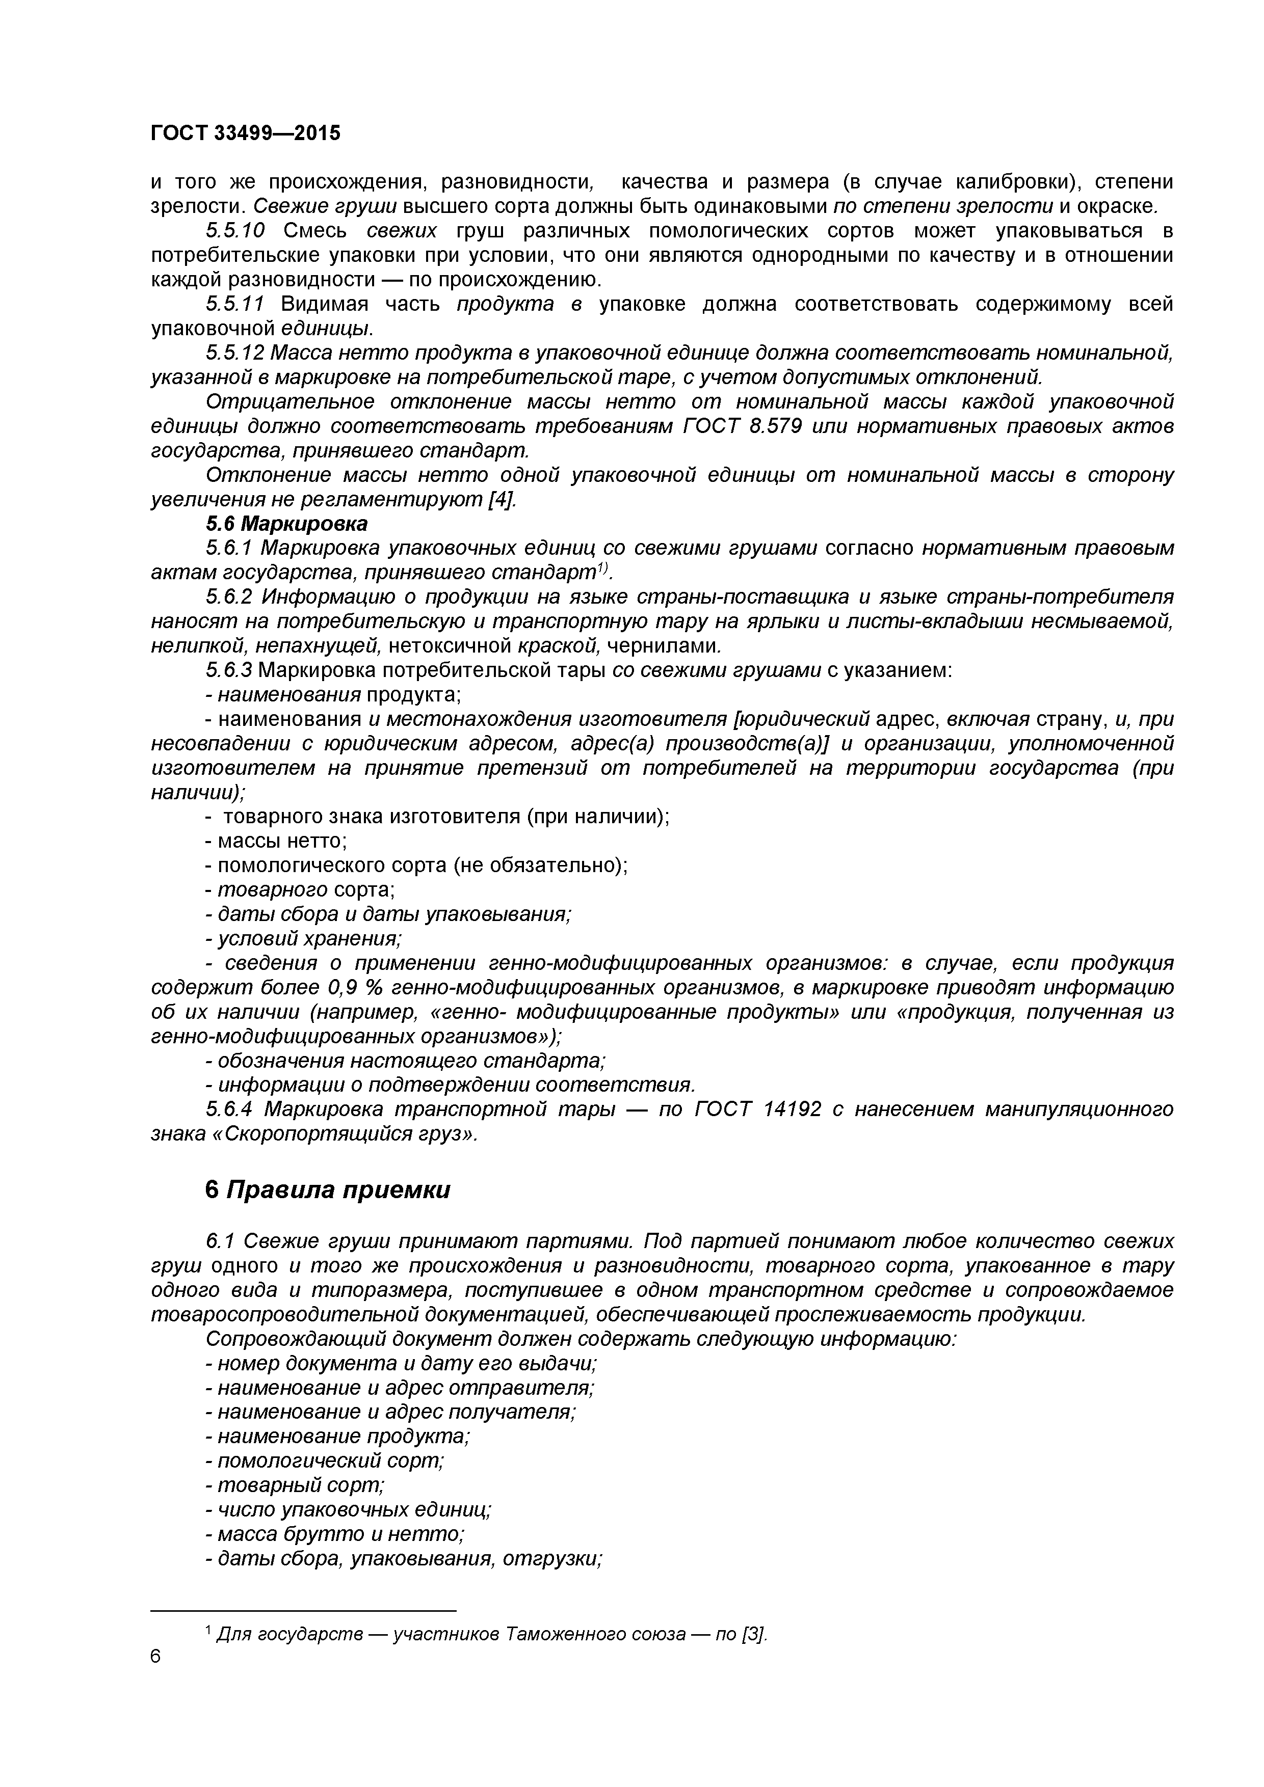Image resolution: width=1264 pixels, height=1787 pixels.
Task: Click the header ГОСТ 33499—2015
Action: pyautogui.click(x=245, y=133)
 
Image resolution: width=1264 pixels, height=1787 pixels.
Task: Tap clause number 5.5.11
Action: pyautogui.click(x=235, y=304)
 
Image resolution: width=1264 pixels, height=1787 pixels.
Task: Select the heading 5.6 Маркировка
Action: pyautogui.click(x=286, y=524)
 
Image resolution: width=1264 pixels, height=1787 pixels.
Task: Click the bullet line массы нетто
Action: pyautogui.click(x=276, y=842)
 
